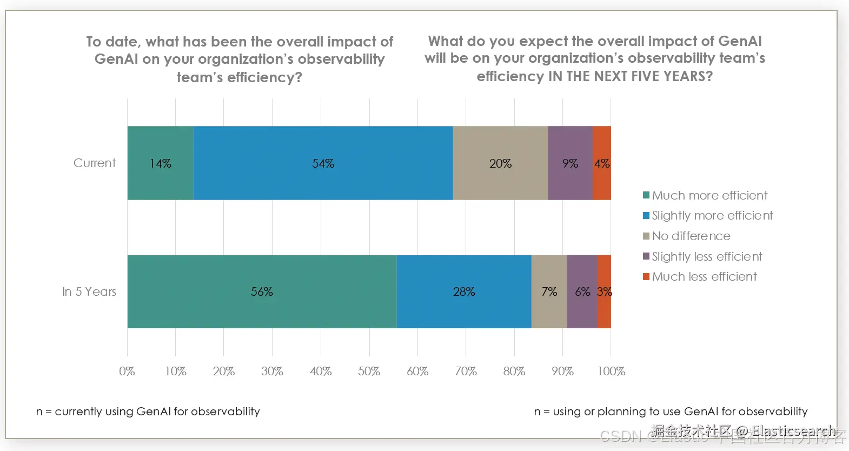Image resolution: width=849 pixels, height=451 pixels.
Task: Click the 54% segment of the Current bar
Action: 323,163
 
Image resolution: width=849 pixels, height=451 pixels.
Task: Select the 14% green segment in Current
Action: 160,163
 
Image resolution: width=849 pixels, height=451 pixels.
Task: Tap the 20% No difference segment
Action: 500,163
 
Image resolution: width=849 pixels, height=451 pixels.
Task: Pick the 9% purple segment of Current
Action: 570,163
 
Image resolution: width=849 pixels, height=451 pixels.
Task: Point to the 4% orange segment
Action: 602,163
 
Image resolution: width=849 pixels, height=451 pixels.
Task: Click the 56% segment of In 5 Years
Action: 262,291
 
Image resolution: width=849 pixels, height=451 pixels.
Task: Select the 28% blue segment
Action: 464,291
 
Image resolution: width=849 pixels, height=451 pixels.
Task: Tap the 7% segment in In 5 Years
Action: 549,291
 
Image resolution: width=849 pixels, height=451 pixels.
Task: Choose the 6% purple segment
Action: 582,291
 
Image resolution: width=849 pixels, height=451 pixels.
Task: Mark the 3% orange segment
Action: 605,291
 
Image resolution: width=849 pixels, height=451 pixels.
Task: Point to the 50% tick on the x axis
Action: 369,371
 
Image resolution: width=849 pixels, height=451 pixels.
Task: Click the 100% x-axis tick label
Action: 611,371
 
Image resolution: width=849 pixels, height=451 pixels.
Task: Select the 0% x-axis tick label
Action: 127,371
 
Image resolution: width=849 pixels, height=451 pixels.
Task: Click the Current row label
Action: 95,163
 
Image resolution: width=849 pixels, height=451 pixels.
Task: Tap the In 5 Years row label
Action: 89,291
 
